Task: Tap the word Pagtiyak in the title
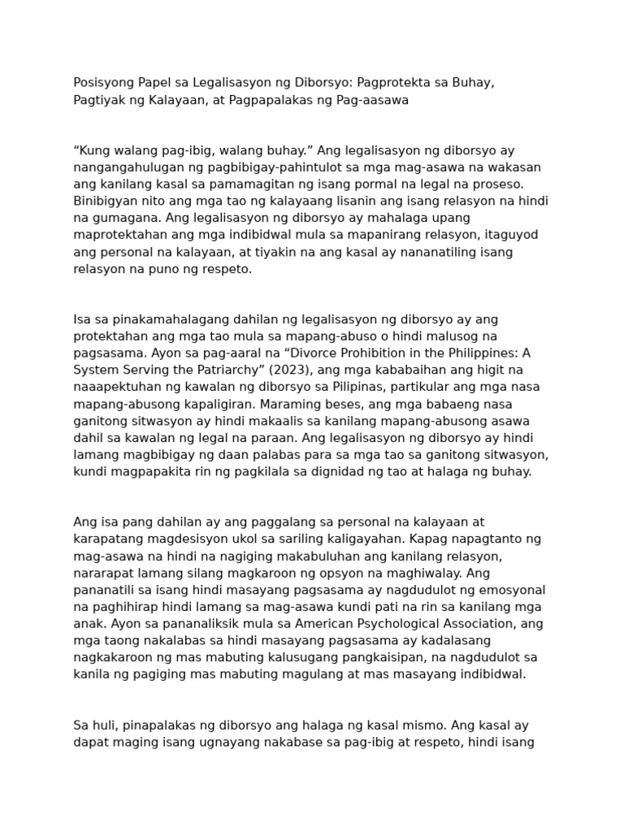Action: point(97,100)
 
